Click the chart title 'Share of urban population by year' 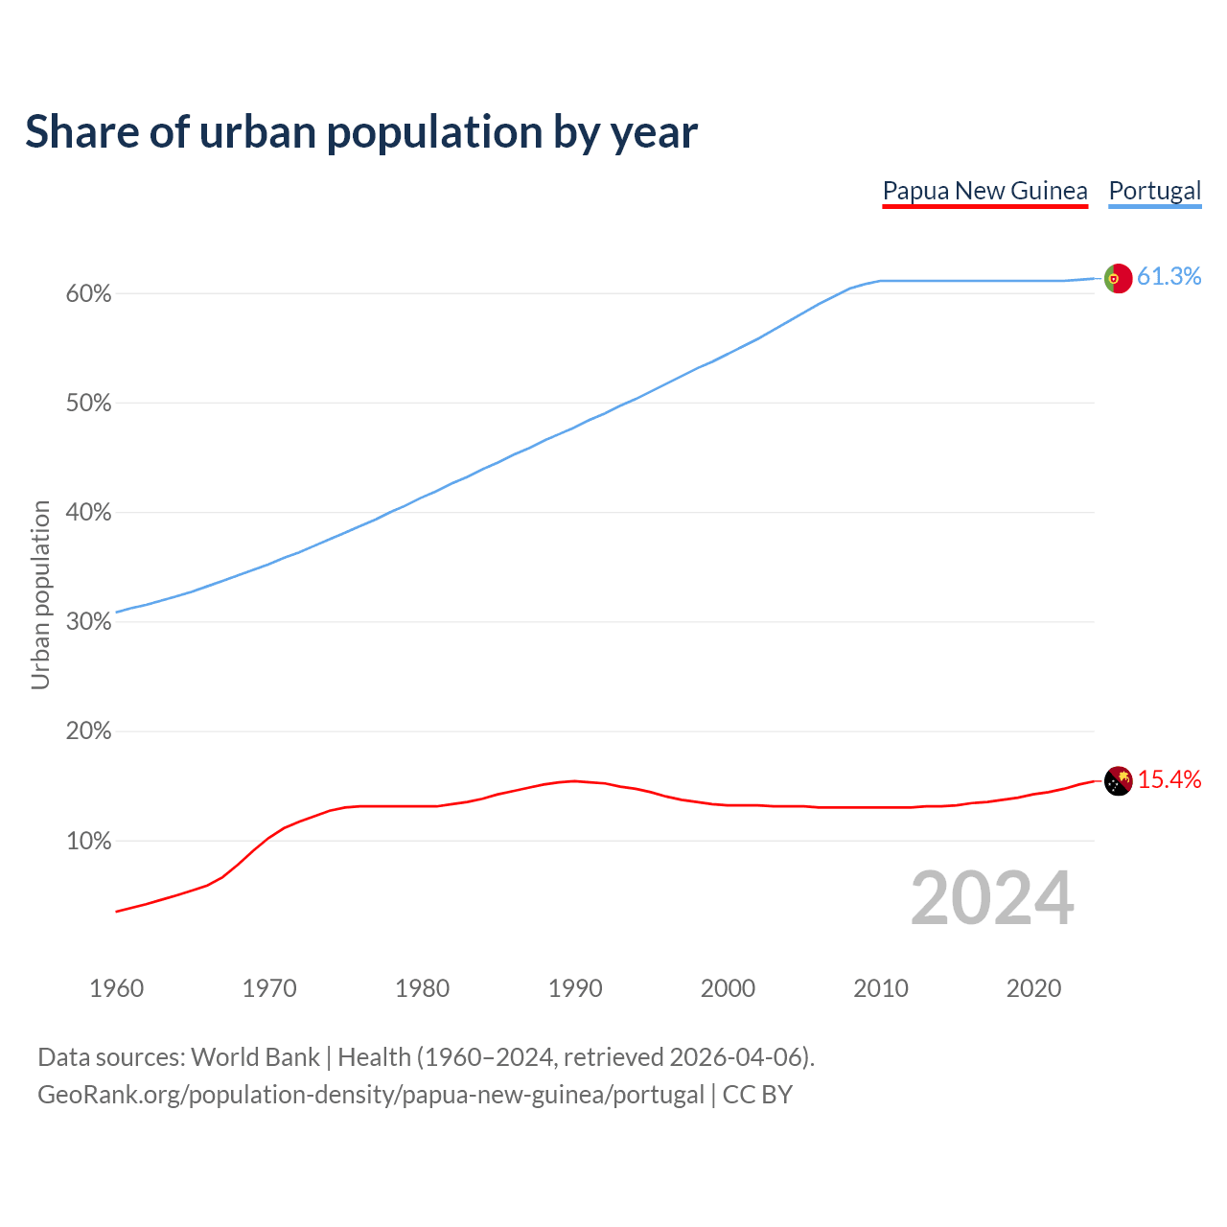tap(361, 132)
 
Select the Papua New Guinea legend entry tap(984, 191)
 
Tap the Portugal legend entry tap(1154, 191)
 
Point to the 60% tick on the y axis tap(88, 294)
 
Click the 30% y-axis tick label tap(88, 622)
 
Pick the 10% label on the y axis tap(88, 842)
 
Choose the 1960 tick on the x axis tap(116, 988)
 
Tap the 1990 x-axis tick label tap(575, 988)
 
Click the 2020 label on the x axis tap(1033, 988)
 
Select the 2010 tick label tap(881, 988)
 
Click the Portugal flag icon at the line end tap(1118, 278)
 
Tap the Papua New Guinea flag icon tap(1118, 781)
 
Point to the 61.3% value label tap(1169, 277)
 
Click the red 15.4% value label tap(1169, 780)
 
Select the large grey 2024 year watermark tap(992, 899)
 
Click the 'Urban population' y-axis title tap(40, 594)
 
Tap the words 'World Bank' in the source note tap(255, 1057)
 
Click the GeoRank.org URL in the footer tap(370, 1095)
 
